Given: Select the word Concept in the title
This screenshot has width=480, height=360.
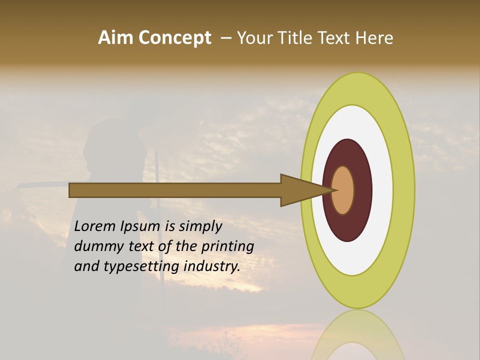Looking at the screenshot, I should [x=175, y=38].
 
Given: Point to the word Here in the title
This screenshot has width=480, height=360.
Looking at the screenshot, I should [x=374, y=38].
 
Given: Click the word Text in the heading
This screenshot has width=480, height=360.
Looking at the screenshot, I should [x=335, y=38].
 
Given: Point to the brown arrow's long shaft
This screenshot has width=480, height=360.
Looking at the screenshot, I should [x=175, y=190].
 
